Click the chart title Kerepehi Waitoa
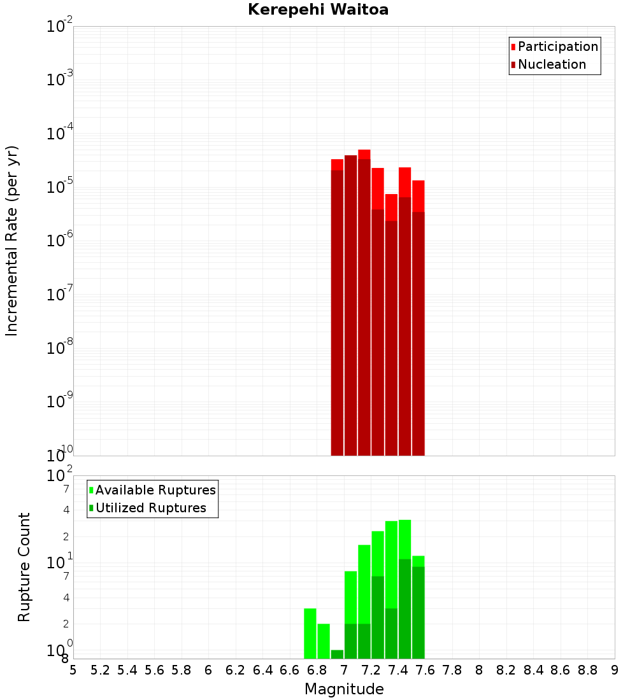[x=318, y=10]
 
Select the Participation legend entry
[x=557, y=46]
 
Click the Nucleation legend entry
[x=551, y=64]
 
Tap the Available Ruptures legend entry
[x=155, y=490]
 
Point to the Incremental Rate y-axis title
[x=12, y=241]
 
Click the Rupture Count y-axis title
[x=24, y=567]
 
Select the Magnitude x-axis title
[x=344, y=689]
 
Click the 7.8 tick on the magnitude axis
[x=452, y=670]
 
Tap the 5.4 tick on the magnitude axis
[x=127, y=670]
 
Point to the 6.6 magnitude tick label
[x=290, y=670]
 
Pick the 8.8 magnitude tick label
[x=587, y=670]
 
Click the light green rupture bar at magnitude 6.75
[x=310, y=633]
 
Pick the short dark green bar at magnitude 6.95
[x=337, y=654]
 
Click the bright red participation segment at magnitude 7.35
[x=391, y=207]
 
